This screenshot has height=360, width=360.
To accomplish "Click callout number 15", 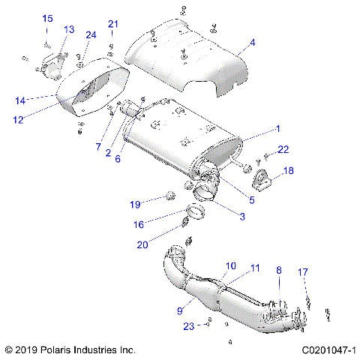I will point(47,18).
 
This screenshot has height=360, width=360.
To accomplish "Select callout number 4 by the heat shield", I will point(252,43).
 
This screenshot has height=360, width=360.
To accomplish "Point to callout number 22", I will point(282,151).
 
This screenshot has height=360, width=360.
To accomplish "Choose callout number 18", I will point(288,171).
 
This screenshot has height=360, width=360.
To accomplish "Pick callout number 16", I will point(138,223).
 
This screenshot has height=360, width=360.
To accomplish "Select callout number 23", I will point(188,326).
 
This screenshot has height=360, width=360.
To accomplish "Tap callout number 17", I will point(303,271).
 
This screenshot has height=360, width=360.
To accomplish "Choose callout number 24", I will point(91,34).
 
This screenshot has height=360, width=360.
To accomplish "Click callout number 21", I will point(113,24).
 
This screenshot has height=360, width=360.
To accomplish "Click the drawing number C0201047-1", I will point(328,350).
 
